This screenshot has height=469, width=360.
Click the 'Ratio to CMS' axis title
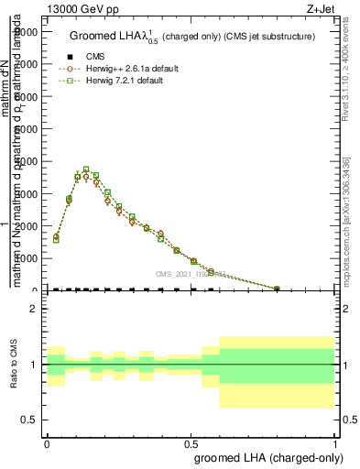tap(14, 365)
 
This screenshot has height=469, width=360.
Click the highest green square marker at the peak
tap(86, 169)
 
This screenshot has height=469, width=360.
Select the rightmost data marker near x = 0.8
tap(277, 289)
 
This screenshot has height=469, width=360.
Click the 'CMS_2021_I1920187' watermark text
tap(189, 274)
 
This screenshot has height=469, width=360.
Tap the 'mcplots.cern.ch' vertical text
tap(347, 220)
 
